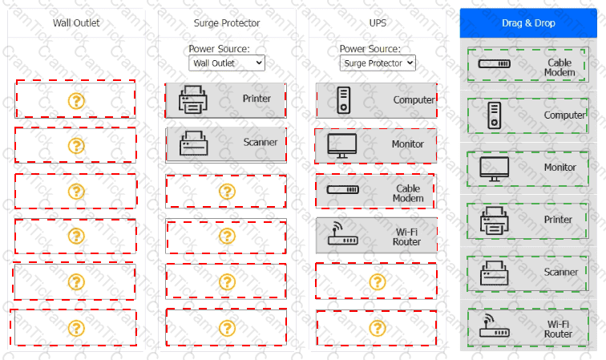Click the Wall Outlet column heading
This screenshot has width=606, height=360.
pyautogui.click(x=76, y=23)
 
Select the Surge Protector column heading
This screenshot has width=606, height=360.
pyautogui.click(x=227, y=23)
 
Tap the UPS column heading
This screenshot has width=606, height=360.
pyautogui.click(x=377, y=23)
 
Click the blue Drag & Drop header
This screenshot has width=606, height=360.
pyautogui.click(x=527, y=23)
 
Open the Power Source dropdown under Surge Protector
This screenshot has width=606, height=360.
pyautogui.click(x=227, y=62)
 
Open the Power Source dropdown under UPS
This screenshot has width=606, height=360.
pyautogui.click(x=377, y=62)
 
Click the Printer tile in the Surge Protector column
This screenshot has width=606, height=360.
pyautogui.click(x=226, y=99)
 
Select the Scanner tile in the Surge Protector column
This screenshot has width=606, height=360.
pyautogui.click(x=226, y=144)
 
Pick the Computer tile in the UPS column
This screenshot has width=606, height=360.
pyautogui.click(x=376, y=100)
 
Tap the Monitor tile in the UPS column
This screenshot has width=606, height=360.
pyautogui.click(x=376, y=145)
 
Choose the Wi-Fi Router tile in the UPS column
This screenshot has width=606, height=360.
pyautogui.click(x=376, y=236)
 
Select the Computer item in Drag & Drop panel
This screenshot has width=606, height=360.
pyautogui.click(x=527, y=115)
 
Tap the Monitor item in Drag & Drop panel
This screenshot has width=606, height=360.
pyautogui.click(x=527, y=168)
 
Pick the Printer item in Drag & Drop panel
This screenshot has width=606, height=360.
pyautogui.click(x=527, y=220)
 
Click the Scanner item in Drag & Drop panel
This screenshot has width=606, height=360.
pyautogui.click(x=527, y=273)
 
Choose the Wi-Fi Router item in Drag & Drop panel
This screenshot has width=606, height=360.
pyautogui.click(x=527, y=328)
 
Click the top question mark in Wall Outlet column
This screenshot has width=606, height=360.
pyautogui.click(x=76, y=100)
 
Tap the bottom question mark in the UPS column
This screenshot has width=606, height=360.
pyautogui.click(x=377, y=328)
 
